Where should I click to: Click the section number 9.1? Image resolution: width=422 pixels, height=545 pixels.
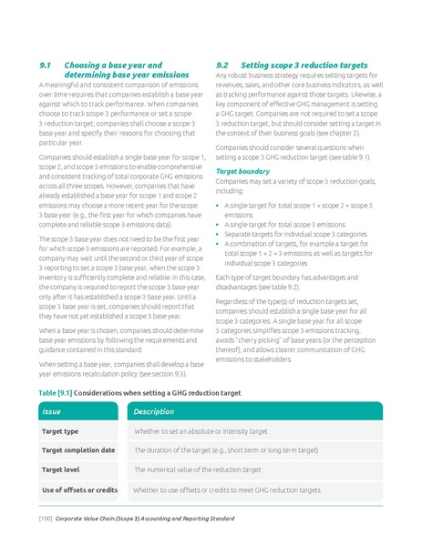pos(46,66)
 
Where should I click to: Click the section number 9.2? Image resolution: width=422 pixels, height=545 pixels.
pos(222,66)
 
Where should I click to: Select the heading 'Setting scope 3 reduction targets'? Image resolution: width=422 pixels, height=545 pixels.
pos(304,66)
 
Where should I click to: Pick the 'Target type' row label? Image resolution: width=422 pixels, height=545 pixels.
pos(60,430)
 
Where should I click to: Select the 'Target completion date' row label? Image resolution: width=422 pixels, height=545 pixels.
pos(78,450)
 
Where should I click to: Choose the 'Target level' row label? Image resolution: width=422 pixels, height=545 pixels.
pos(62,469)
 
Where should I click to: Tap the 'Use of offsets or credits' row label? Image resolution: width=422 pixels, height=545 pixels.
pos(80,489)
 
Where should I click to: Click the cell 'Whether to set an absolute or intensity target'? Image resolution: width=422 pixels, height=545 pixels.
pos(201,430)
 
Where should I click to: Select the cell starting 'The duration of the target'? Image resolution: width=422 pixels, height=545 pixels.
pos(226,450)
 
